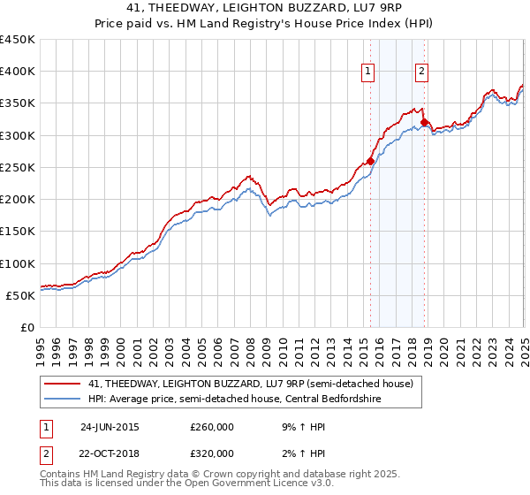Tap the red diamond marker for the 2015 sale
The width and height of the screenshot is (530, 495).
coord(371,161)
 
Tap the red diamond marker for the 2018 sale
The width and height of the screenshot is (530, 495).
coord(425,123)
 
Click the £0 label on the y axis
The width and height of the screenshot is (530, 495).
coord(27,327)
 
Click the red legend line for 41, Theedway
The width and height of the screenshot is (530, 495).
coord(63,383)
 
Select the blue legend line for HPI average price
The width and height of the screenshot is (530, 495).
coord(63,398)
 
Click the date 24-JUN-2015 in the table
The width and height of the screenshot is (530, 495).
coord(110,427)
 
